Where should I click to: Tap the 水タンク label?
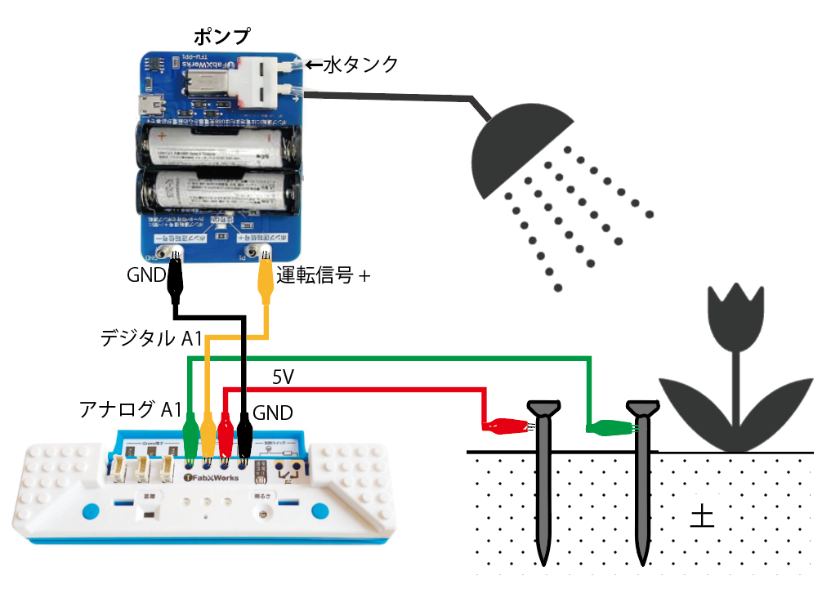tap(360, 64)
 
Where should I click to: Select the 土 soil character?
tap(702, 516)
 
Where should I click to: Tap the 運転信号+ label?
tap(324, 276)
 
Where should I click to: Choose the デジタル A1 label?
tap(150, 337)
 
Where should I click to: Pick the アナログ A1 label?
tap(130, 409)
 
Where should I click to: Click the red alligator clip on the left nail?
tap(504, 425)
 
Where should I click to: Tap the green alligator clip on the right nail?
tap(610, 426)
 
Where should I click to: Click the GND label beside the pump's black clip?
tap(146, 275)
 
